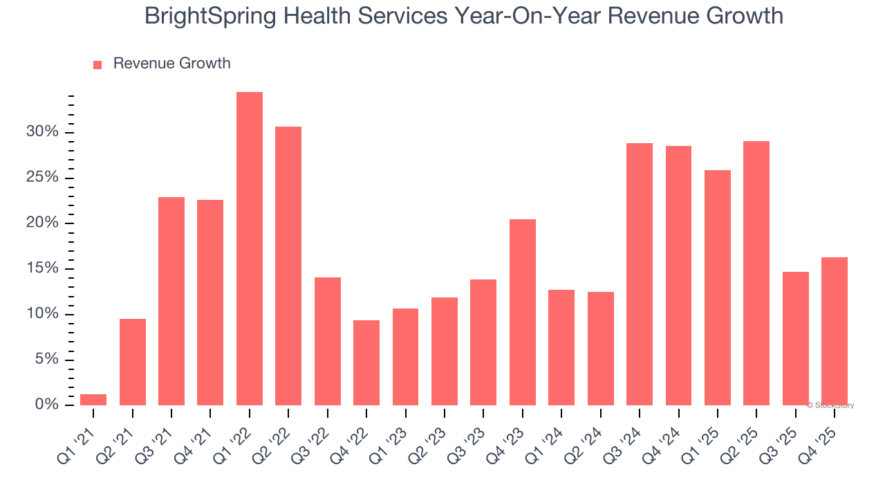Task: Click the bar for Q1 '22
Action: [249, 248]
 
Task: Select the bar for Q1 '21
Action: [93, 400]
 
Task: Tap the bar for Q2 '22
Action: [288, 266]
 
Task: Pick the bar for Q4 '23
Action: [522, 312]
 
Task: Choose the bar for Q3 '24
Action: [639, 274]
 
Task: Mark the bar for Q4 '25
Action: [834, 331]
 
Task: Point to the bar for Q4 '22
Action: [366, 362]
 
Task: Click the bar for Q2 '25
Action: [756, 273]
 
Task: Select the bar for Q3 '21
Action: [171, 301]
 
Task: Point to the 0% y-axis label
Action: [46, 405]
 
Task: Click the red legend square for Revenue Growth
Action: [97, 64]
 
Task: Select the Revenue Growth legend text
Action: [171, 64]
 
